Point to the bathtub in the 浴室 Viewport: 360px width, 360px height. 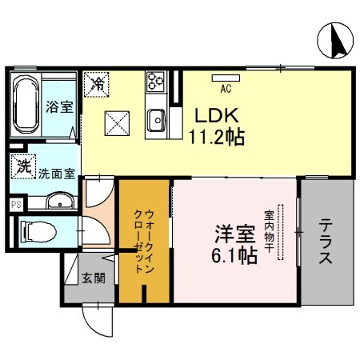24,103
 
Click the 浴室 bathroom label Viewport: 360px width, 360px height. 58,106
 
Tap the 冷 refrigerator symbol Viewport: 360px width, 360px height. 96,82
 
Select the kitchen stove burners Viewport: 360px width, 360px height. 154,82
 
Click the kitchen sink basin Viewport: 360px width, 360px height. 155,121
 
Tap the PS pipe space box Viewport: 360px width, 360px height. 15,205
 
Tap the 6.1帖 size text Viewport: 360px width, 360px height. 233,258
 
